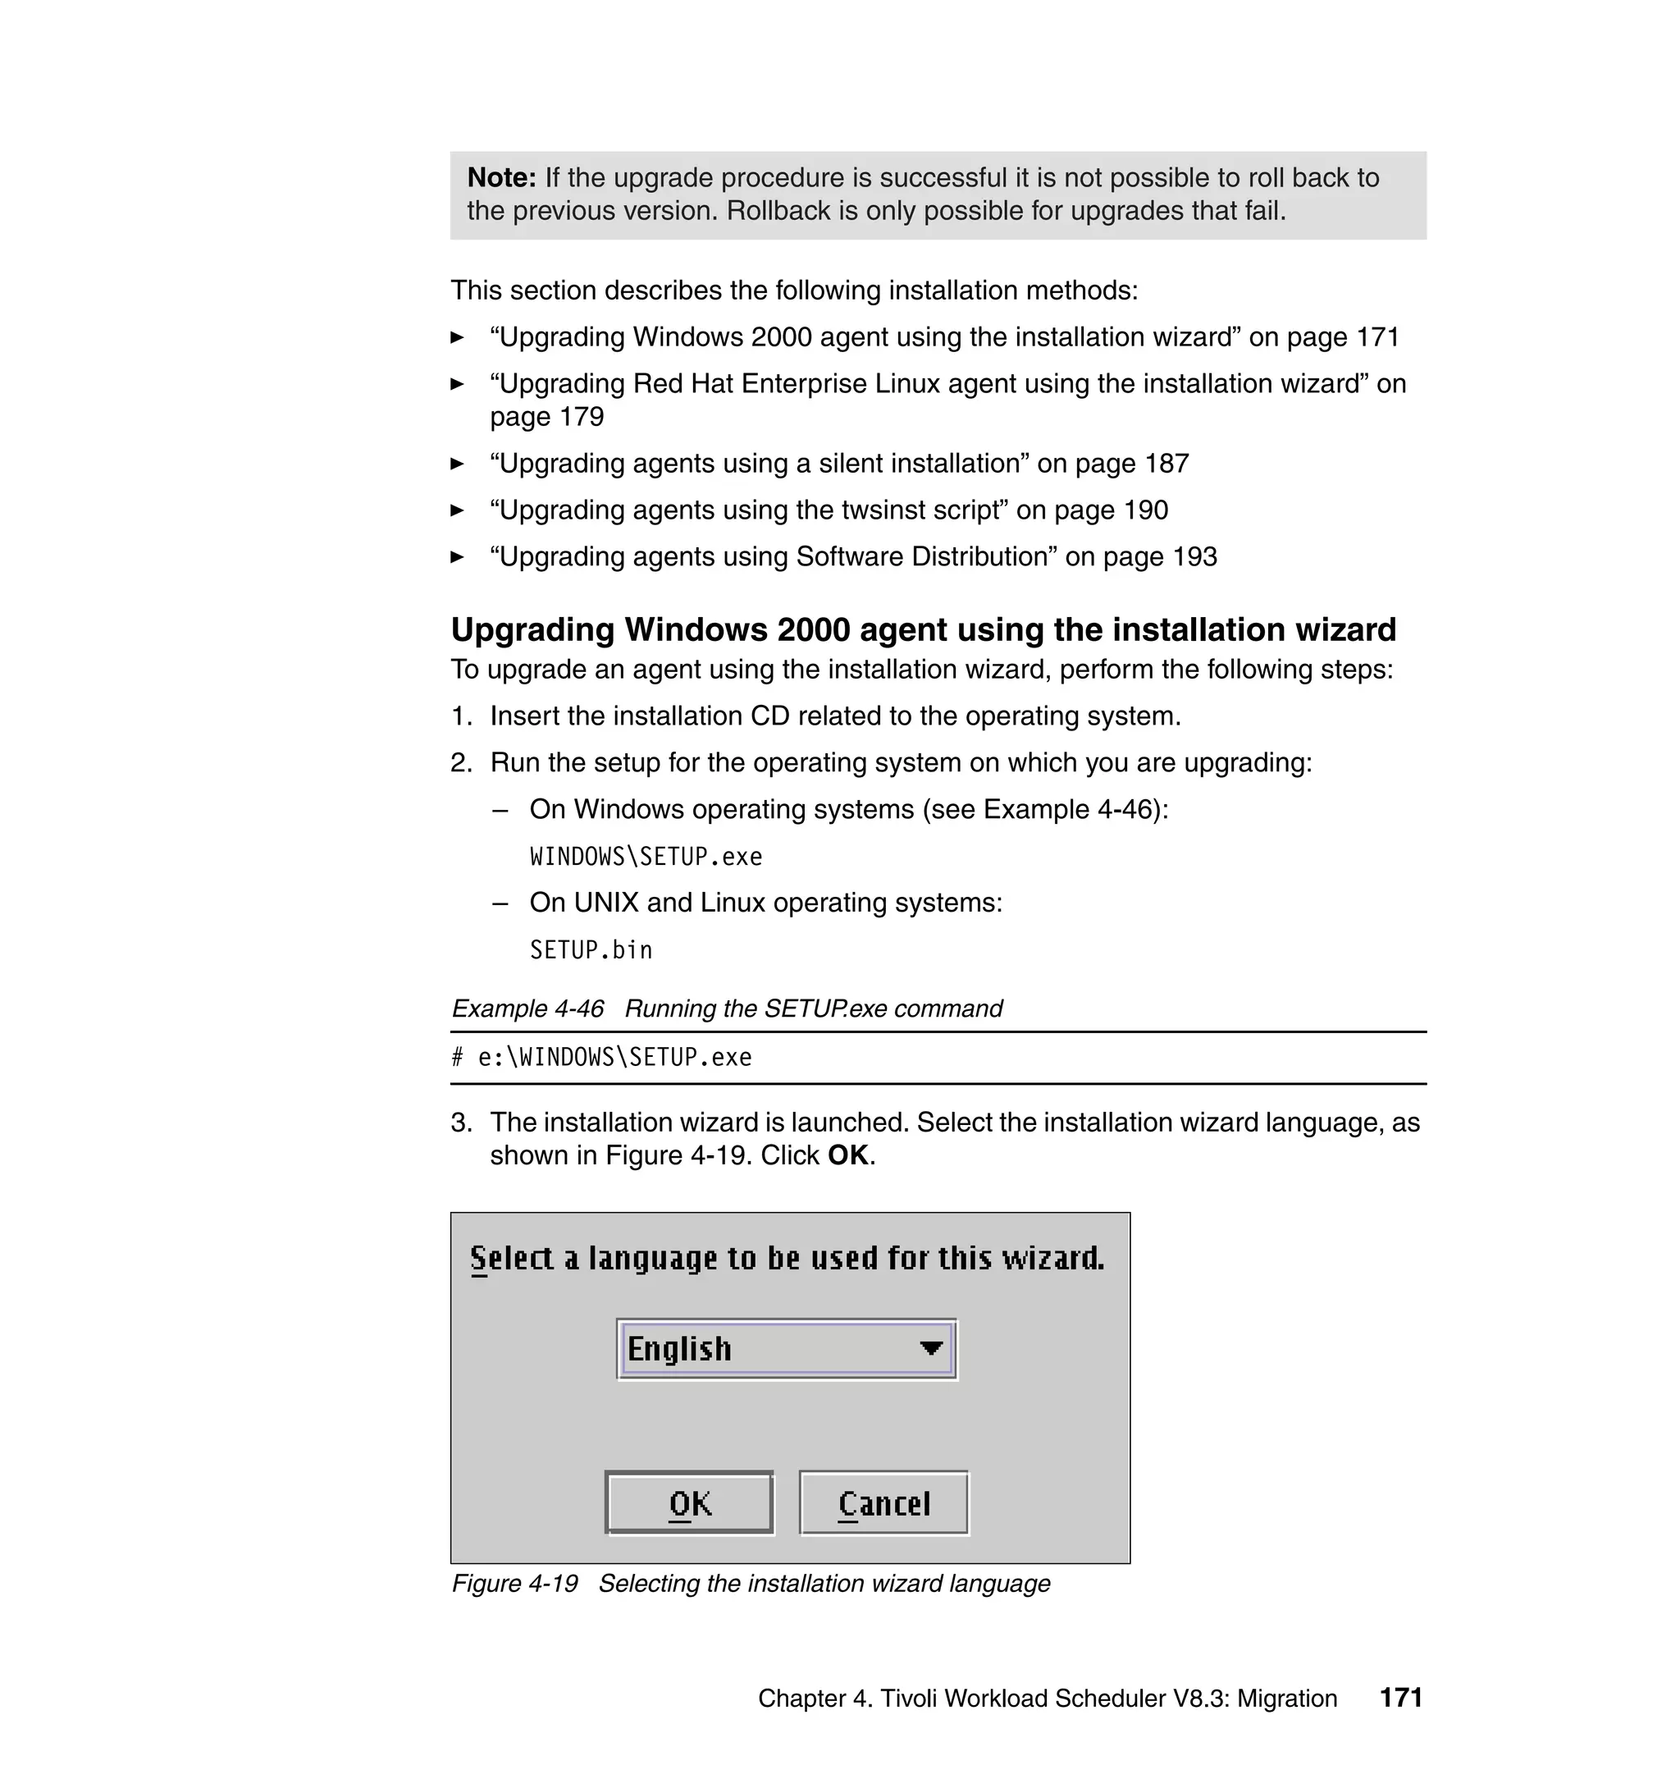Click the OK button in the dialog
coord(689,1503)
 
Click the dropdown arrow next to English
coord(931,1347)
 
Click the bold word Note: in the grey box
coord(501,177)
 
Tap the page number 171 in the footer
coord(1400,1697)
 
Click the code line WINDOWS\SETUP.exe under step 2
coord(646,857)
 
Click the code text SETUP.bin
coord(591,949)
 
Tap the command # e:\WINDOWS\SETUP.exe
coord(602,1057)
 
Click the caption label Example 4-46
coord(527,1008)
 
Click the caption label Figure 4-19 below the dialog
coord(515,1583)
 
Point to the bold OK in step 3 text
coord(847,1155)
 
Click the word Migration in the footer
coord(1287,1698)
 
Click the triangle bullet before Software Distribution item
coord(457,556)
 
